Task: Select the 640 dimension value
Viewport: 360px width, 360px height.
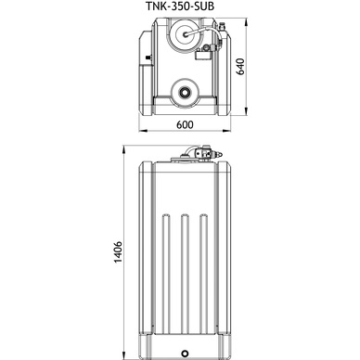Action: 240,67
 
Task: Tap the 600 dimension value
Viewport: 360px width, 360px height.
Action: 185,124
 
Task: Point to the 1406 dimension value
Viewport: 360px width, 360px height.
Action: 119,251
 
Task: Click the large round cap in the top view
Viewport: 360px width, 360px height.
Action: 185,34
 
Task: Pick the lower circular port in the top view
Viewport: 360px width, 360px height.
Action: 185,92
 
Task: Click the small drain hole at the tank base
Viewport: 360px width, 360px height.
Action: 185,353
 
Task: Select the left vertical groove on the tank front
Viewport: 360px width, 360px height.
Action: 166,272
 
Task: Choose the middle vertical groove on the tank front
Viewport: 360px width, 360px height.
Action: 185,272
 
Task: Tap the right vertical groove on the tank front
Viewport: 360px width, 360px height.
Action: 203,272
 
